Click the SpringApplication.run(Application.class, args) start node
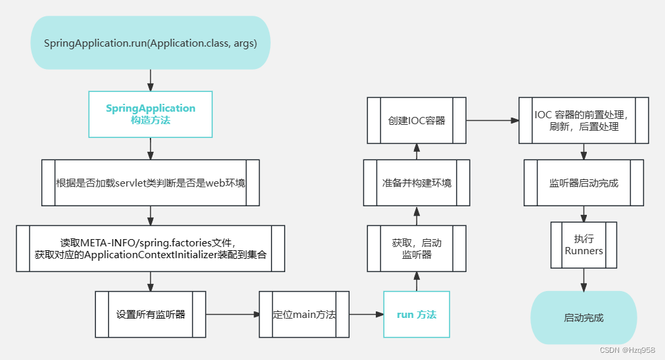coord(150,43)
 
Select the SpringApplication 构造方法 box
coord(150,114)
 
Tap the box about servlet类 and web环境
coord(150,183)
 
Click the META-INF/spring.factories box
coord(150,248)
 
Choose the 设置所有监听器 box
coord(150,314)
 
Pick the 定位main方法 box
coord(304,314)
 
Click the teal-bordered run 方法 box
coord(417,314)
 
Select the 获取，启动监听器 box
coord(417,248)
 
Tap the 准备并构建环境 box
coord(417,183)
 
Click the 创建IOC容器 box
coord(417,120)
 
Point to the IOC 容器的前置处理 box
coord(584,120)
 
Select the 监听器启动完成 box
coord(584,183)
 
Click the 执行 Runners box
coord(584,245)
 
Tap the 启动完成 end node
coord(584,317)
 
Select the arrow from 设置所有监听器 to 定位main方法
coord(233,315)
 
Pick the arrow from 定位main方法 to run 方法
coord(366,315)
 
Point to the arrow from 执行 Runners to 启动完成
coord(584,280)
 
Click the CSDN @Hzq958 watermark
coord(628,350)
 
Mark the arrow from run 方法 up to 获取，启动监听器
coord(417,281)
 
